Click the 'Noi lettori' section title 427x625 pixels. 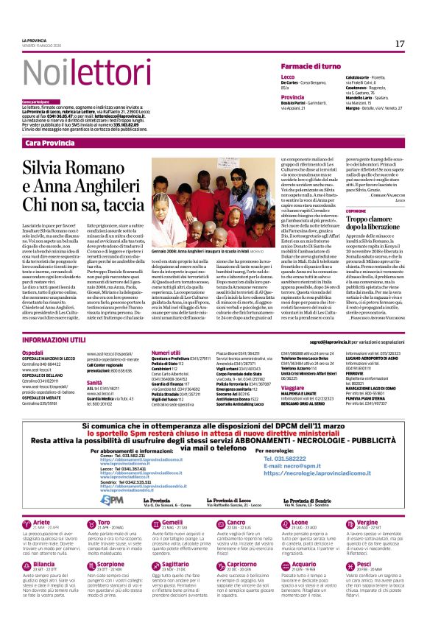(74, 72)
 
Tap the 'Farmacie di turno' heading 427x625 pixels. (311, 67)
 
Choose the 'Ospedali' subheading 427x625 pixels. (32, 353)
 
